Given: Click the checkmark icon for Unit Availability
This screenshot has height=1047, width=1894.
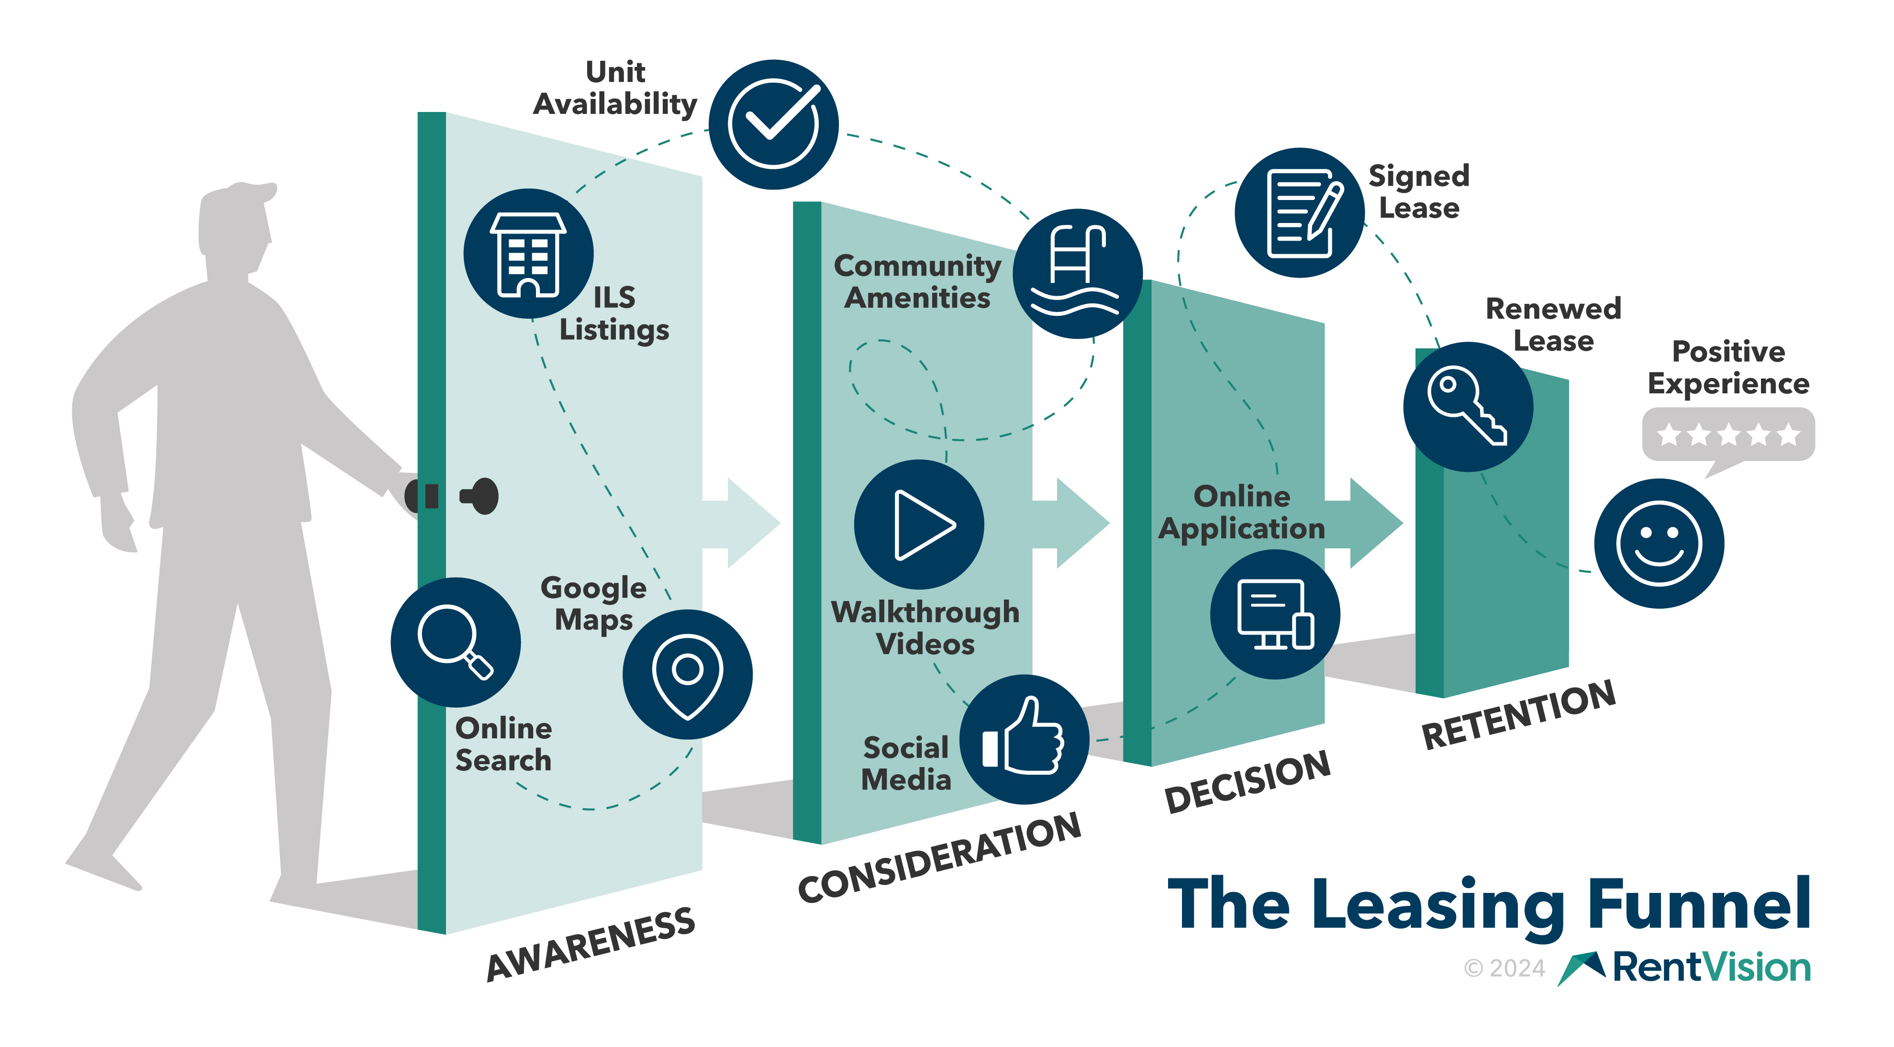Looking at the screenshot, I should point(773,124).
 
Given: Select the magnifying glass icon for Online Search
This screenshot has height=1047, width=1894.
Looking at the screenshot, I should point(455,641).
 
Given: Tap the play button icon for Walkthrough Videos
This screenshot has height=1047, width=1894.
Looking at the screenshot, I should point(919,524).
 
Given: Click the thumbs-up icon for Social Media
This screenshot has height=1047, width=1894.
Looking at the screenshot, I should point(1024,739).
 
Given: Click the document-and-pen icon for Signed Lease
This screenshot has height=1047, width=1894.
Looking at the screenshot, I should point(1299,212).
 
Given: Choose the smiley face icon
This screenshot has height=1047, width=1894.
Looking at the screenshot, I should point(1659,543).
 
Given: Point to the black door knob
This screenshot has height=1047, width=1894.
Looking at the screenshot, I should point(481,496).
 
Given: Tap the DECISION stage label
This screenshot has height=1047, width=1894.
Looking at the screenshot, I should point(1248,781).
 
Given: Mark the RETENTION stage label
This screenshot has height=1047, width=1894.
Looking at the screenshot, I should point(1518,714).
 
